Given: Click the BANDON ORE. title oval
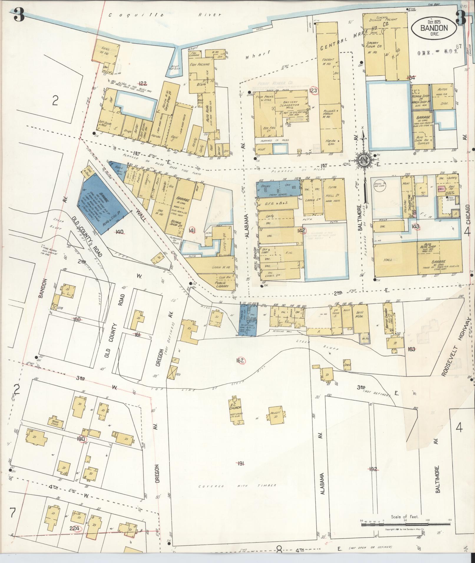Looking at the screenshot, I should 434,29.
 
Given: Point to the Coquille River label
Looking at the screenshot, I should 165,14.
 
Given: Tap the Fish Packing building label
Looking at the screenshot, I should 200,64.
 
